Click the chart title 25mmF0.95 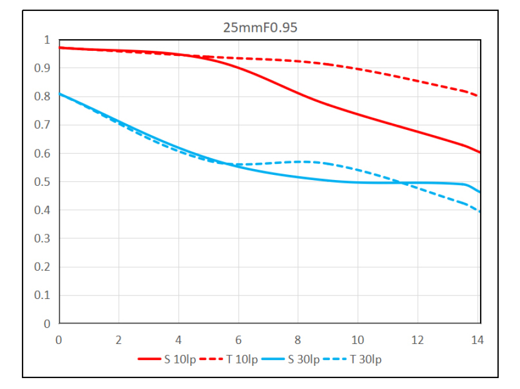260,27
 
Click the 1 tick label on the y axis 47,40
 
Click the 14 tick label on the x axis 478,340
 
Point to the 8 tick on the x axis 298,340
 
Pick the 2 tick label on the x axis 118,340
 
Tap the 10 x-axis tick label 358,340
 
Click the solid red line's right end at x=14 480,152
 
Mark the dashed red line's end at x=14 480,96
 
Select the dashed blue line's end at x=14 480,212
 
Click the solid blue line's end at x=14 480,192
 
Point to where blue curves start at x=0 60,93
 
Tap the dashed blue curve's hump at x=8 298,162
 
